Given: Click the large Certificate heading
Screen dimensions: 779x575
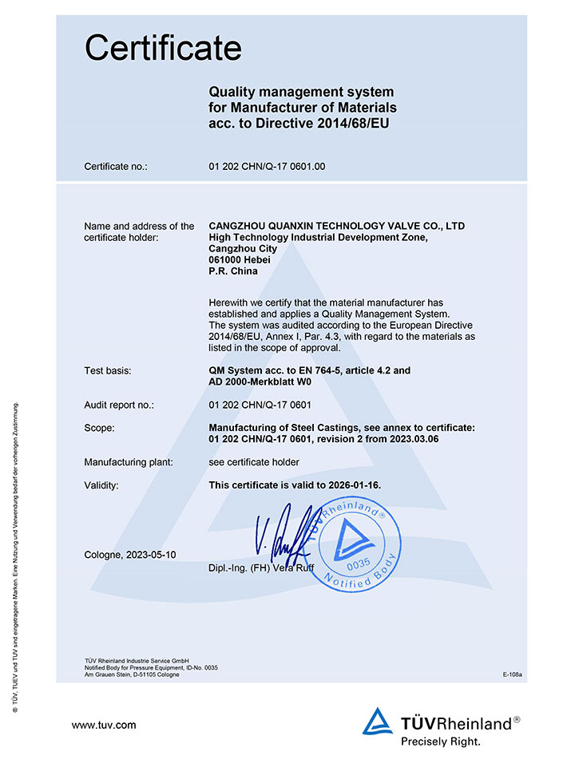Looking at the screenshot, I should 163,49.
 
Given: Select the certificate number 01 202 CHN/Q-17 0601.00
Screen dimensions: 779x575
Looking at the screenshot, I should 266,167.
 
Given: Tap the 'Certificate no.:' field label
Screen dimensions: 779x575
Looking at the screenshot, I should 116,167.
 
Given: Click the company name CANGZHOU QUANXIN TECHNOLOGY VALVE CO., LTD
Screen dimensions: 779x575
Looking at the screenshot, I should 336,226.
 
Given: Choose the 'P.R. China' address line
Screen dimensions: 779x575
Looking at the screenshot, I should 233,271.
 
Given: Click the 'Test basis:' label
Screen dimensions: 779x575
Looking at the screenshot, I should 108,370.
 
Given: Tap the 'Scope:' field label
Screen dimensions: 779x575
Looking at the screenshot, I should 99,428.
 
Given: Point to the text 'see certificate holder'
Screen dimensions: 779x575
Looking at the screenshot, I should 254,462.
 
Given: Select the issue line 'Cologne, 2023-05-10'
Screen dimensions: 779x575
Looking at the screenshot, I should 129,555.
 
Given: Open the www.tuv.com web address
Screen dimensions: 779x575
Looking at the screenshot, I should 104,725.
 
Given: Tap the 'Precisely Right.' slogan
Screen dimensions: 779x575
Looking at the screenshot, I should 441,741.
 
